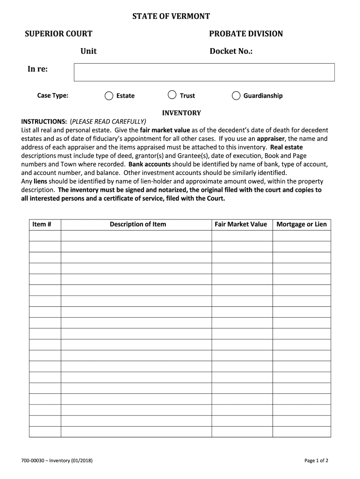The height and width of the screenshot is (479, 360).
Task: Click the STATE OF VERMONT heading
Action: pyautogui.click(x=171, y=17)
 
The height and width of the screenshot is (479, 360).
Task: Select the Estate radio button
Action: pyautogui.click(x=109, y=96)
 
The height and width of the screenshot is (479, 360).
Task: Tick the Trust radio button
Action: pyautogui.click(x=172, y=95)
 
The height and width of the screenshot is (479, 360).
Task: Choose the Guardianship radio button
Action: pyautogui.click(x=236, y=96)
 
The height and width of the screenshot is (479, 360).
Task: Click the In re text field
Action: pyautogui.click(x=204, y=73)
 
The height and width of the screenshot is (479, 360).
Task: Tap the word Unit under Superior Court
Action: pyautogui.click(x=88, y=51)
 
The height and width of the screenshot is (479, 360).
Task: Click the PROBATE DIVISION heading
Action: pyautogui.click(x=246, y=34)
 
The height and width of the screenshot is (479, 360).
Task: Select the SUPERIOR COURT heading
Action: pyautogui.click(x=58, y=34)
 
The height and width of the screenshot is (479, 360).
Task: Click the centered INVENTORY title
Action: pyautogui.click(x=181, y=113)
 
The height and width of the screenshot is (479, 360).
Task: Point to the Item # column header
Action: pyautogui.click(x=41, y=225)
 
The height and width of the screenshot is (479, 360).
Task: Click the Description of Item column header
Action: pyautogui.click(x=138, y=225)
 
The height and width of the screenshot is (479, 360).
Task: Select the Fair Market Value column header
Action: pyautogui.click(x=241, y=225)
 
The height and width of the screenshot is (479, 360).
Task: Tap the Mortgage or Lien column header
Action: pyautogui.click(x=302, y=225)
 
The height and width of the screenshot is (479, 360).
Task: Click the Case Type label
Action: pyautogui.click(x=53, y=96)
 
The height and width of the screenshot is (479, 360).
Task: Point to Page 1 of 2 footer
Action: pyautogui.click(x=316, y=461)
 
